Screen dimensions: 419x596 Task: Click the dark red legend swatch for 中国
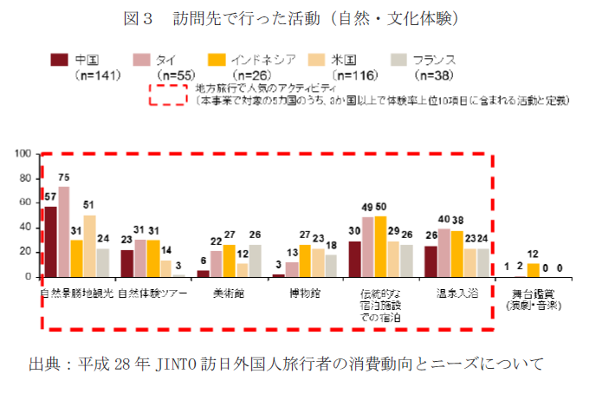coord(59,60)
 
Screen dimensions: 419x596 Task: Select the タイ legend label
coord(165,60)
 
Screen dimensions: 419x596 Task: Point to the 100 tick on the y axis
coord(23,154)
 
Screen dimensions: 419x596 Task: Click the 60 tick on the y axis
coord(26,203)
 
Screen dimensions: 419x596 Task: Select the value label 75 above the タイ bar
coord(64,177)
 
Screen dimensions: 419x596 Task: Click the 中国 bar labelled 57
coord(51,242)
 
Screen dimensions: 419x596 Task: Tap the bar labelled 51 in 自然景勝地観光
coord(89,246)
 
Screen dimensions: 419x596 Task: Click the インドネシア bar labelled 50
coord(380,247)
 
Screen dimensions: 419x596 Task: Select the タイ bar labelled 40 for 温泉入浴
coord(444,253)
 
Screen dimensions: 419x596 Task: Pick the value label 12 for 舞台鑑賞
coord(533,255)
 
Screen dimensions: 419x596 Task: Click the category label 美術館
coord(229,293)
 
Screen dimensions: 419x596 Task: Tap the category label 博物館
coord(305,293)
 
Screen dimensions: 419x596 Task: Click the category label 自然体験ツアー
coord(152,293)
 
